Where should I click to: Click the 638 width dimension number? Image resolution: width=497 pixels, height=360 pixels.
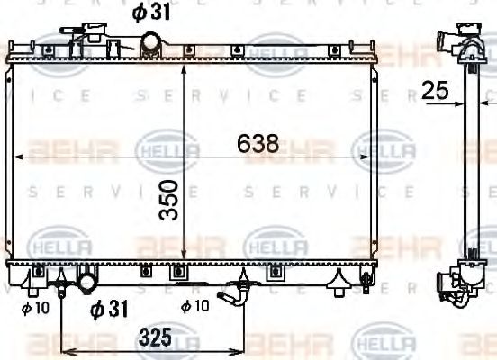tap(258, 143)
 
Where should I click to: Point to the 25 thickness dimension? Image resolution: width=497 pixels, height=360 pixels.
tap(435, 90)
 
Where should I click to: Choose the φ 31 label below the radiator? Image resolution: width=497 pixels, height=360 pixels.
tap(109, 309)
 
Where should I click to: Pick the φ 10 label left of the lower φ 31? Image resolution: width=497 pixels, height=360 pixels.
tap(34, 308)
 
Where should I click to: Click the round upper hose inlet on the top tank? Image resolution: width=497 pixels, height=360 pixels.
tap(151, 41)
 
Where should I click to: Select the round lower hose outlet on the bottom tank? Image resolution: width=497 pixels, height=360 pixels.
tap(87, 282)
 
